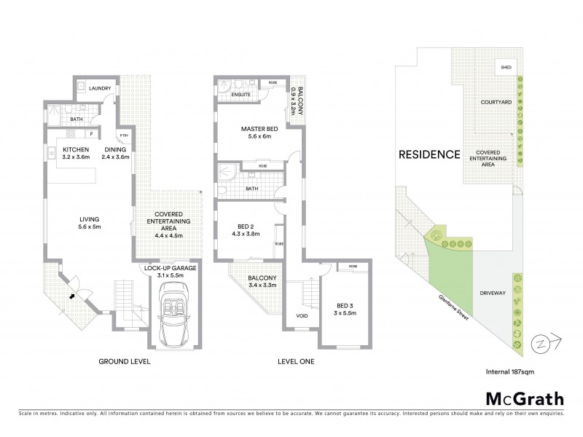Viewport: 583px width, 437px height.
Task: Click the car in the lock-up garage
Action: [x=175, y=314]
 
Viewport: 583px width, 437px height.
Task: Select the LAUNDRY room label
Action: [x=99, y=89]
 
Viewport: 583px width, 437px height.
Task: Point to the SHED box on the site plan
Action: [x=506, y=68]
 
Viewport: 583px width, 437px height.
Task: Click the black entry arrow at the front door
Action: [x=71, y=296]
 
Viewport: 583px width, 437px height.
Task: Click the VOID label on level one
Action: [x=302, y=315]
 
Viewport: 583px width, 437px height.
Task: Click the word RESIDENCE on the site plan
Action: [x=429, y=154]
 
